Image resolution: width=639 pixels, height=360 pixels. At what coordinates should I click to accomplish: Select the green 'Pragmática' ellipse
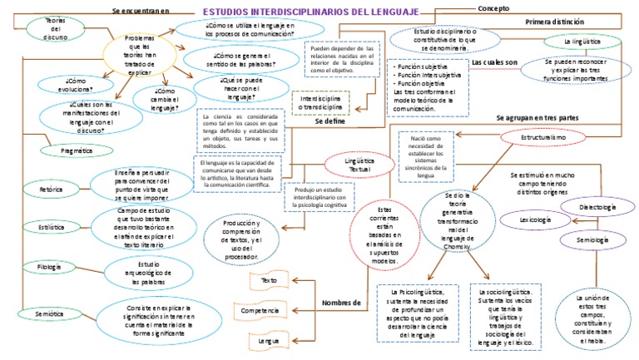click(77, 150)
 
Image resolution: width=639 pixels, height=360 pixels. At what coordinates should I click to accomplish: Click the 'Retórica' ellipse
click(52, 190)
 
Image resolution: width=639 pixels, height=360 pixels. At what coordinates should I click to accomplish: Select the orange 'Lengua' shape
click(268, 340)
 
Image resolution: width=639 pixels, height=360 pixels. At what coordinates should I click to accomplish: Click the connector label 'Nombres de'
click(340, 302)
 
